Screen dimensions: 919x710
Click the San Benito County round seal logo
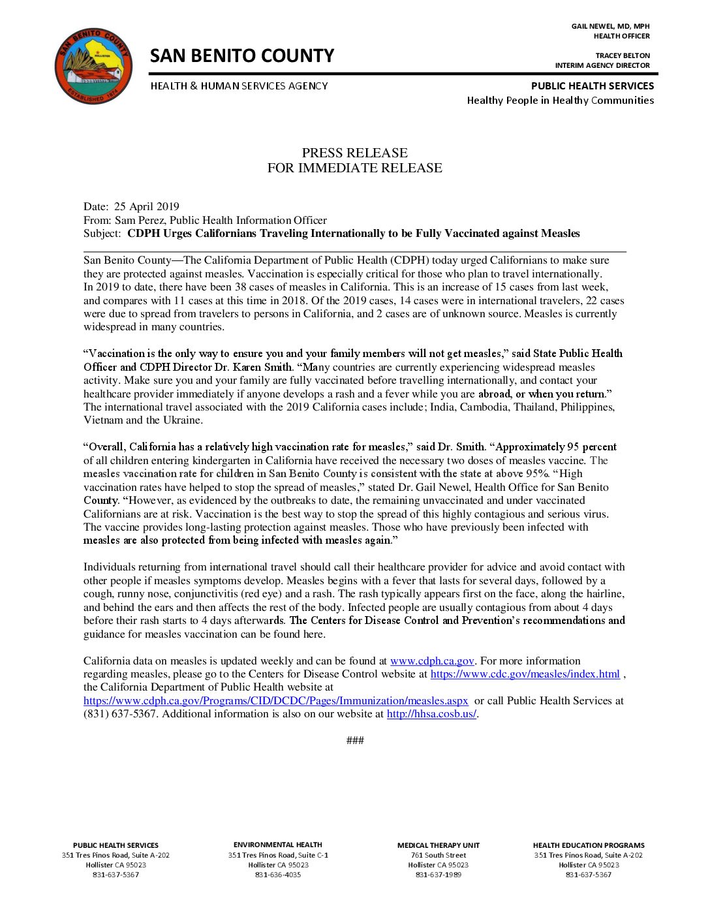93,65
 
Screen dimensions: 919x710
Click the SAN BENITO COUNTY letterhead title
241,56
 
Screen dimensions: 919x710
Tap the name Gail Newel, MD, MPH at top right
610,26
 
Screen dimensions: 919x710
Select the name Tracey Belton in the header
623,55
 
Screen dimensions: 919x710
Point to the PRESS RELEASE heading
354,153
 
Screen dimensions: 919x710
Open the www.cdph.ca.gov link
432,661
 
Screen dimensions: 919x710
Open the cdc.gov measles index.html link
525,674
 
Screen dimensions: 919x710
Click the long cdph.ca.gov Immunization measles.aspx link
275,701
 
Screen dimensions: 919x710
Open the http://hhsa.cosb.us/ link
431,714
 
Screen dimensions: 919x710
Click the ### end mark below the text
355,740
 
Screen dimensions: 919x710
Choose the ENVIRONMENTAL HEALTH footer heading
278,845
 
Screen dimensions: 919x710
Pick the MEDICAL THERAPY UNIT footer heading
439,845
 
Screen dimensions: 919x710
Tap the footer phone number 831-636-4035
278,875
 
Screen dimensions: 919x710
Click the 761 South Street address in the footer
439,855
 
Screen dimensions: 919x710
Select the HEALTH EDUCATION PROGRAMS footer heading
589,845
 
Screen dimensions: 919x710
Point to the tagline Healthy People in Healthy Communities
560,101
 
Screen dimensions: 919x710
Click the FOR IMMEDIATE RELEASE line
354,168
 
